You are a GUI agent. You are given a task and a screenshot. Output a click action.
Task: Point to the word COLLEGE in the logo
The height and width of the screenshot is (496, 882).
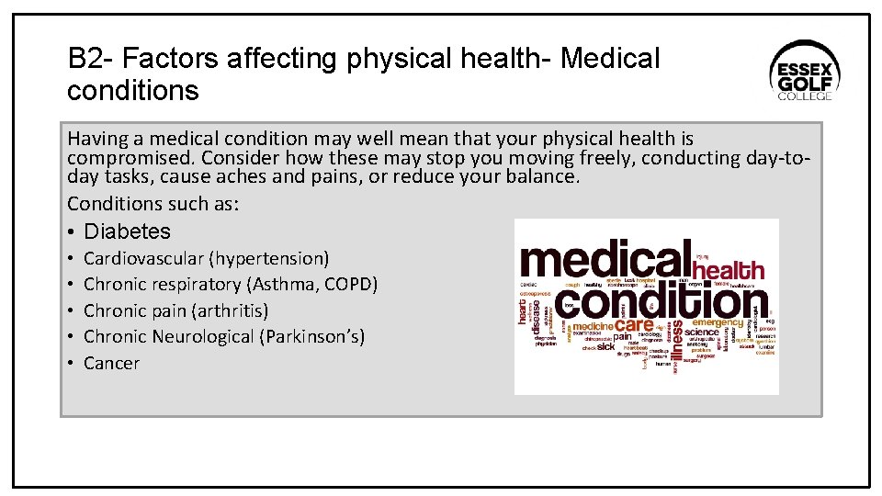point(805,96)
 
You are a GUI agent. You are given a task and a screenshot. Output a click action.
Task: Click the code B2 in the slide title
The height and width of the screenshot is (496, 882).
point(85,59)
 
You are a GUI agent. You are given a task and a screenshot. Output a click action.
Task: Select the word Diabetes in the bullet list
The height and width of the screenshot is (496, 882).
point(127,231)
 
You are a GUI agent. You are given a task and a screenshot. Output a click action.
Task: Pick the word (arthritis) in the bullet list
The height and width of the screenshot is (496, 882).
point(230,310)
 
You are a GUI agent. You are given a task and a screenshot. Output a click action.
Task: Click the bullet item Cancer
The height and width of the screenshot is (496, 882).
point(111,363)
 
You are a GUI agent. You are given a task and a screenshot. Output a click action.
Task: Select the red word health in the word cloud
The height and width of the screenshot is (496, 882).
point(728,270)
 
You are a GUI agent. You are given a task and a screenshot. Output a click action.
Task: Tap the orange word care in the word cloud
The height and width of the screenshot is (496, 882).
point(634,324)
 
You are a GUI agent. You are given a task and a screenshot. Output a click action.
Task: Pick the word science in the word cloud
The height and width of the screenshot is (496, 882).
point(702,332)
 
